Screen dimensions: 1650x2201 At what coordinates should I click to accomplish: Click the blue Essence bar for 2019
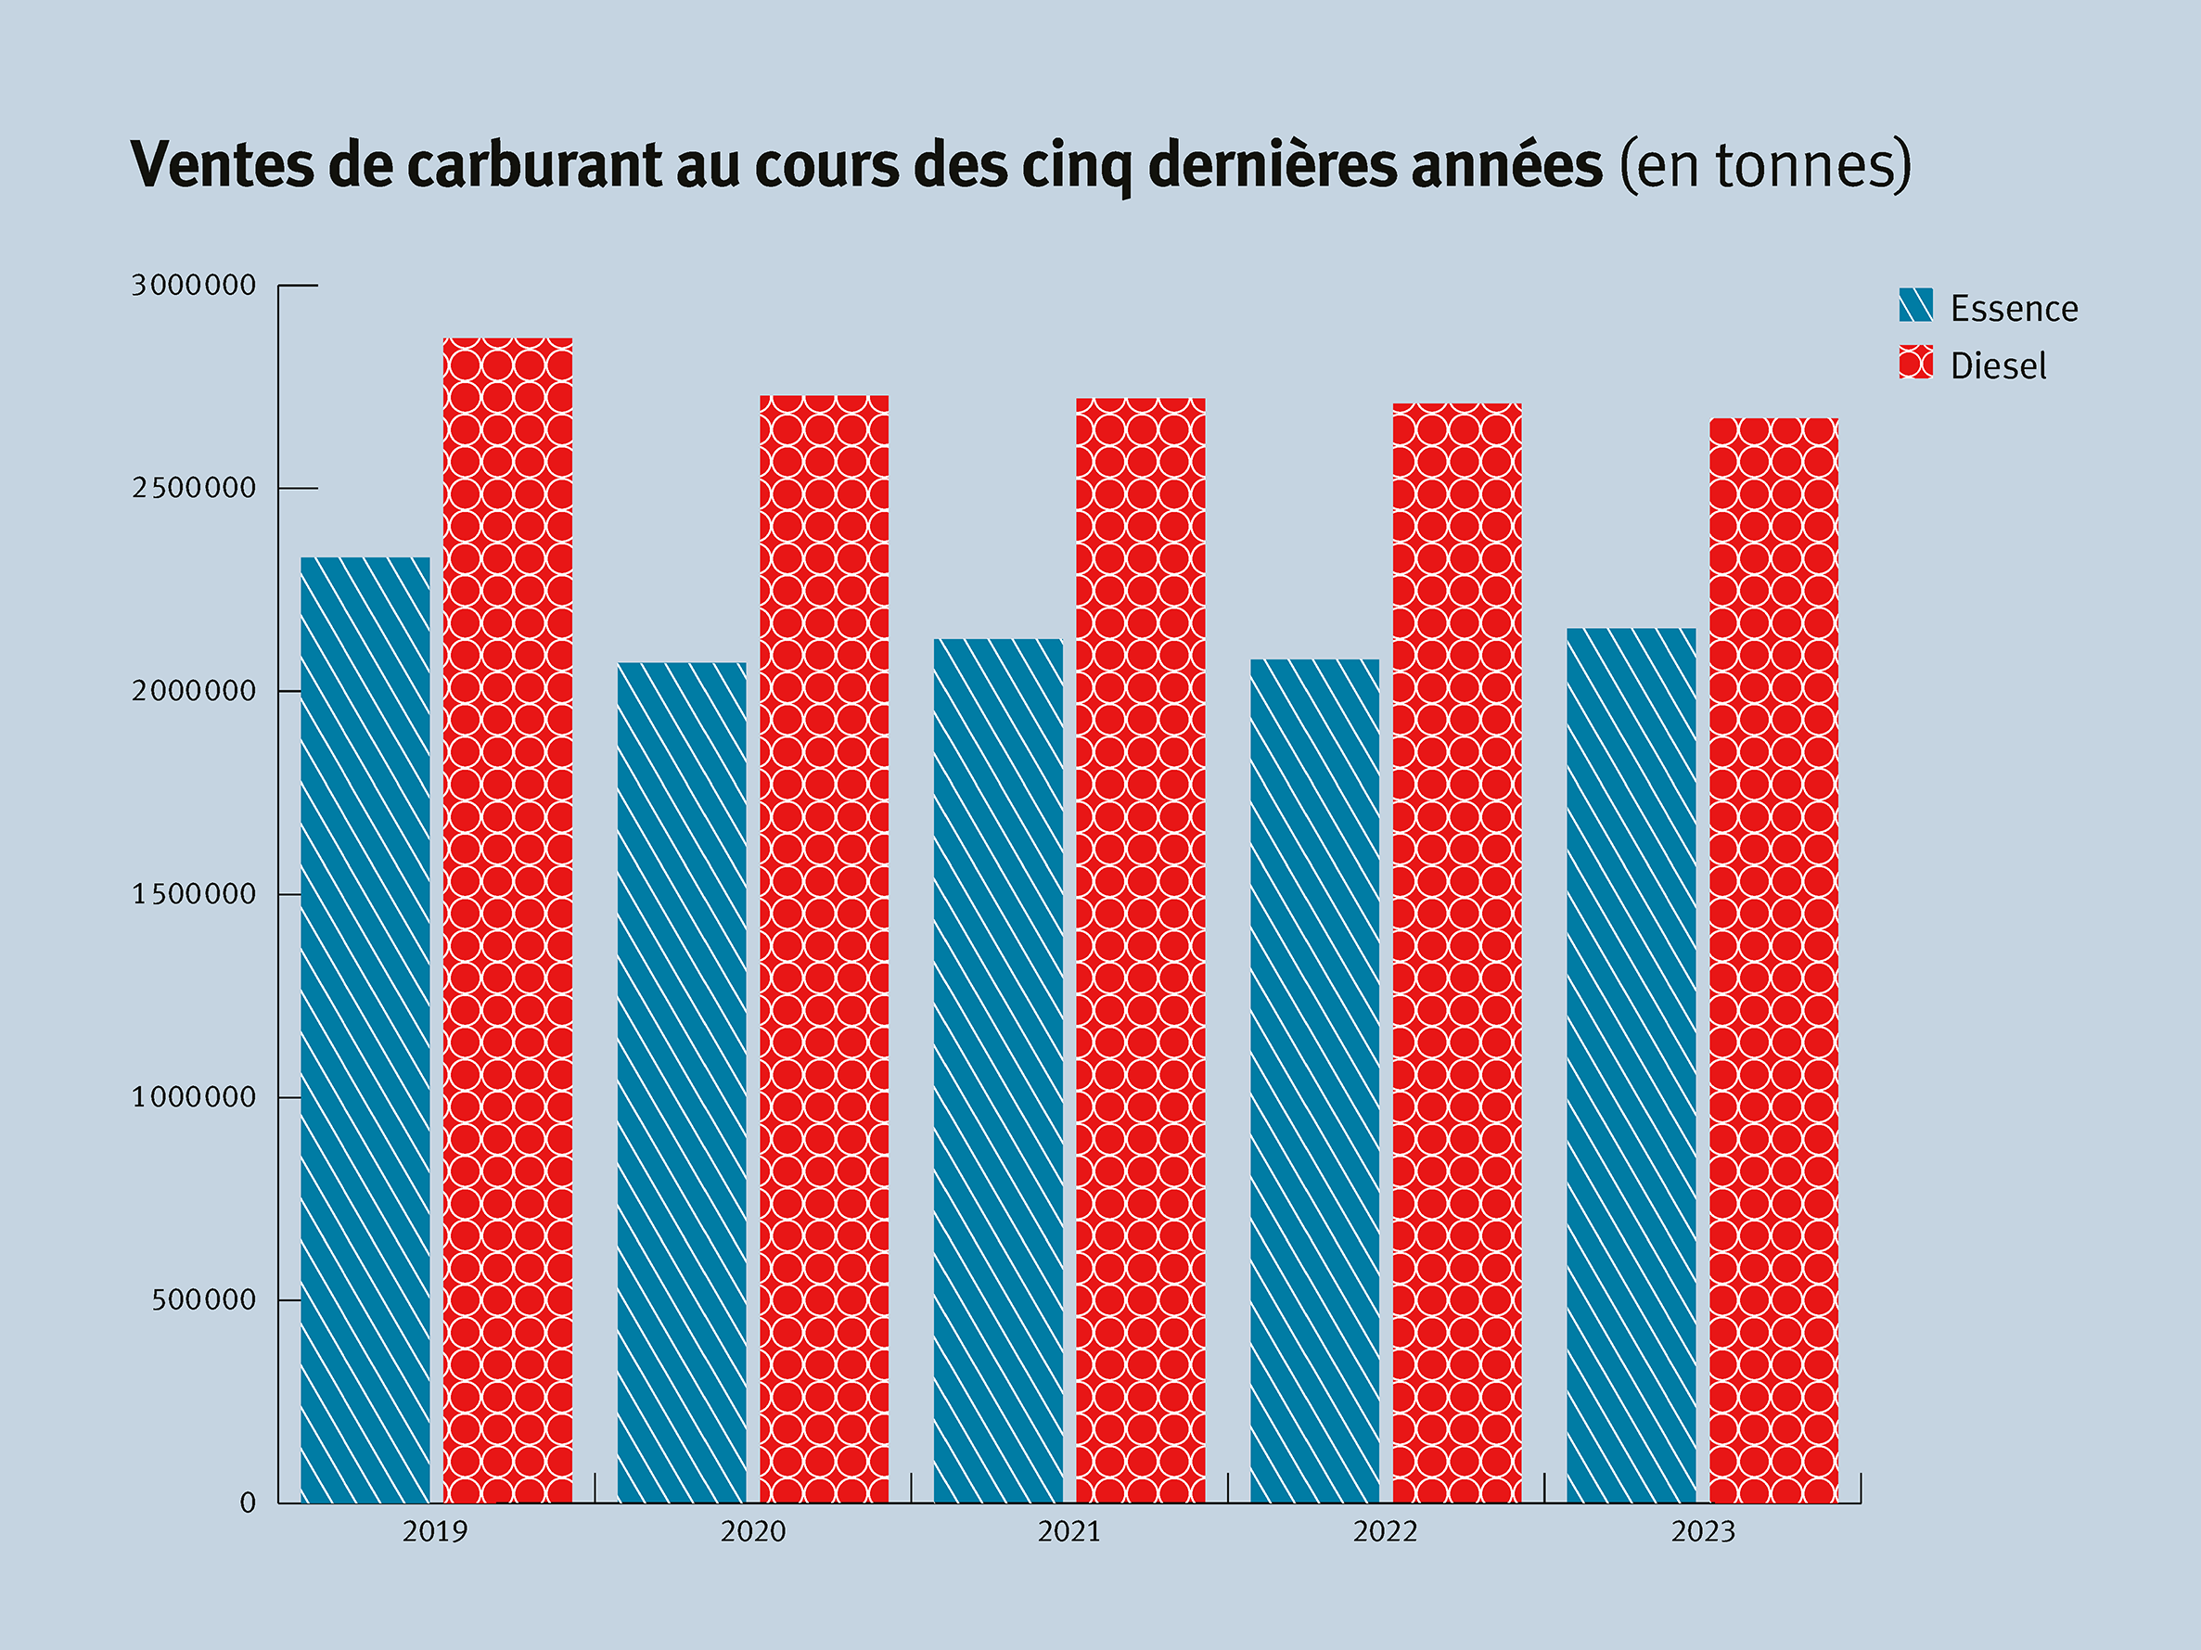pos(365,1030)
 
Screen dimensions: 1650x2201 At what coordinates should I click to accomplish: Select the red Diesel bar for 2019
pos(507,921)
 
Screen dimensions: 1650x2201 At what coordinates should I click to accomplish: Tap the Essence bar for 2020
pos(682,1082)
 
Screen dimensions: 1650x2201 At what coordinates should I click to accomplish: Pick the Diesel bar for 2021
pos(1140,951)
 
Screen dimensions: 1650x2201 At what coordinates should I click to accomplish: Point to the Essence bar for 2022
pos(1314,1081)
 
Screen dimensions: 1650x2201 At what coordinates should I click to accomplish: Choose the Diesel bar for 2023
pos(1773,960)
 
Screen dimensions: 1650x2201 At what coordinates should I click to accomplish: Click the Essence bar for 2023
pos(1631,1065)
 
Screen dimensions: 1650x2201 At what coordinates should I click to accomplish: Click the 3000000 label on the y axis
pos(194,286)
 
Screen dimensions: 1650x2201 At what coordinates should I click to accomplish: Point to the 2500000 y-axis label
pos(194,489)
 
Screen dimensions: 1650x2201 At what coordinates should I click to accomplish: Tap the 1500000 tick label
pos(194,895)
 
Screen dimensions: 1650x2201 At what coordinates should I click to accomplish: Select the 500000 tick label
pos(204,1299)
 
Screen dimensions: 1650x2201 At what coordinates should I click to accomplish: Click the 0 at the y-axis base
pos(248,1503)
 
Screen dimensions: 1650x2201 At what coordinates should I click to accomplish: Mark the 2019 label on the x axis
pos(435,1531)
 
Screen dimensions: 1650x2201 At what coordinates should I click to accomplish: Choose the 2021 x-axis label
pos(1069,1531)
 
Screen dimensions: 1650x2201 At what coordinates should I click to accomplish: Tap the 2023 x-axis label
pos(1703,1531)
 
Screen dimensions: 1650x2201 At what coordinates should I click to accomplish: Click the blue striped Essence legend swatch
pos(1915,305)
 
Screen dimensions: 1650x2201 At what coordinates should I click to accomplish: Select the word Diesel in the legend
pos(1998,366)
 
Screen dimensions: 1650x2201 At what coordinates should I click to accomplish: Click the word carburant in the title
pos(533,165)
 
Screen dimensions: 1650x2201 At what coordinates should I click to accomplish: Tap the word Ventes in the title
pos(222,165)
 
